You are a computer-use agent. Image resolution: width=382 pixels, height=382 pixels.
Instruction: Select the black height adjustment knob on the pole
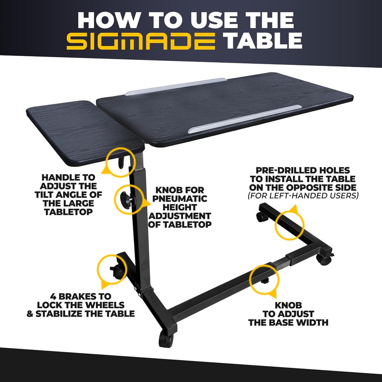125,200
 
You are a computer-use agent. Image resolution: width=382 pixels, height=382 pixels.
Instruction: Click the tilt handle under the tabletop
121,163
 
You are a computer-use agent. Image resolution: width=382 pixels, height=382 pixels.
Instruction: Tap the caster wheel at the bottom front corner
166,339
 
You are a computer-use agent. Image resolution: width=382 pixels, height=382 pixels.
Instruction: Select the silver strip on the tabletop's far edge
176,87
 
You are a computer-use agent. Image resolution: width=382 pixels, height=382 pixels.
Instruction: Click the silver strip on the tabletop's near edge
244,119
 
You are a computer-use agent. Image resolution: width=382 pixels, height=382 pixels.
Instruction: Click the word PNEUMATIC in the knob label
180,198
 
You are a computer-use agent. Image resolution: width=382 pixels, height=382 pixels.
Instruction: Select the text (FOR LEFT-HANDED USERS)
303,195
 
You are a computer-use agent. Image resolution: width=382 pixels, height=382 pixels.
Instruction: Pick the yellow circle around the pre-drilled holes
290,226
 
